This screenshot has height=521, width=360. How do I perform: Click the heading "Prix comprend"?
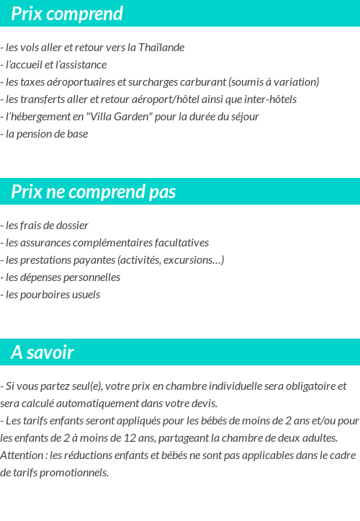coord(67,14)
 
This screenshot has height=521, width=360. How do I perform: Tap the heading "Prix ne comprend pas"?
coord(94,192)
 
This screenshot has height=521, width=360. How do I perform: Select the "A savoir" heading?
coord(42,352)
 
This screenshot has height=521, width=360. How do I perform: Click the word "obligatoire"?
coord(294,386)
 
